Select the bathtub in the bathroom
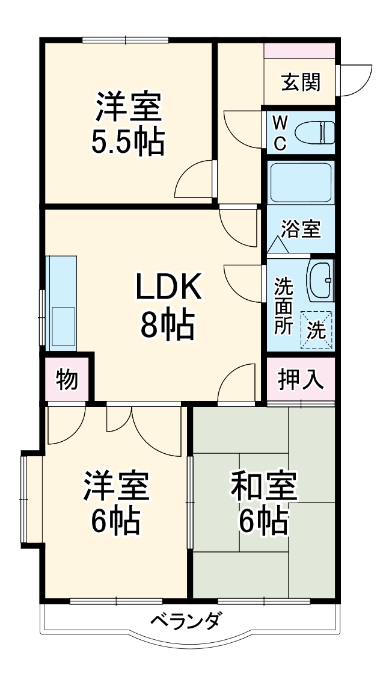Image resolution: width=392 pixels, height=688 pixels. [x=301, y=182]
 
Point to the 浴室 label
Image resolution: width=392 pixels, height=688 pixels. [x=301, y=229]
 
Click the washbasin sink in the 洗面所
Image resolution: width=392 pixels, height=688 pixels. [x=320, y=281]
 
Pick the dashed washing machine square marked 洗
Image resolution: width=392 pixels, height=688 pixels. [x=317, y=329]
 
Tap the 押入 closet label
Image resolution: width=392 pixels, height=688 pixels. [x=301, y=380]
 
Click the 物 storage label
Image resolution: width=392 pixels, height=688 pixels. [x=67, y=380]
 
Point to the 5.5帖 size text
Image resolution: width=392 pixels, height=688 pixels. [x=127, y=142]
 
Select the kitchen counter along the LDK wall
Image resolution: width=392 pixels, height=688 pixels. [x=62, y=303]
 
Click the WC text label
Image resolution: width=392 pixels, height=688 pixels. [x=280, y=133]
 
